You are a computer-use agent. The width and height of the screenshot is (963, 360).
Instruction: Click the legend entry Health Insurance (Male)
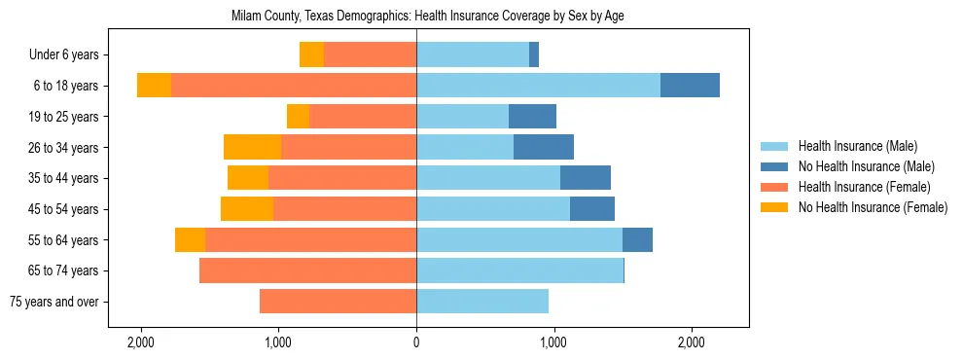tap(857, 146)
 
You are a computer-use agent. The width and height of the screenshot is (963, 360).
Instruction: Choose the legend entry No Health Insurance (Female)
tap(873, 207)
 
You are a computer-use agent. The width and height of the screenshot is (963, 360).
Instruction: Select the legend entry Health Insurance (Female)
tap(864, 187)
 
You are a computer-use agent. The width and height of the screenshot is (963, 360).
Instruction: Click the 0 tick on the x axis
tap(416, 342)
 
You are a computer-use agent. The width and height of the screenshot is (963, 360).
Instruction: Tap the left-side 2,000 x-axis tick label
tap(141, 342)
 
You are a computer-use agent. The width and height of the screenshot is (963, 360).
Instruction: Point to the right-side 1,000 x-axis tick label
tap(554, 342)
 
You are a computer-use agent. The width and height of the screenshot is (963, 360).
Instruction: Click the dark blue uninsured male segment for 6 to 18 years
tap(690, 86)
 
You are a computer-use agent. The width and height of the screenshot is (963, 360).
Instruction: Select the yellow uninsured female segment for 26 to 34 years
tap(252, 147)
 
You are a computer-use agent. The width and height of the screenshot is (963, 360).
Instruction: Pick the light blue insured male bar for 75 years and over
tap(482, 302)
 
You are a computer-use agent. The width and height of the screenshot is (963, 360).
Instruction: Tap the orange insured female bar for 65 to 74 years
tap(307, 270)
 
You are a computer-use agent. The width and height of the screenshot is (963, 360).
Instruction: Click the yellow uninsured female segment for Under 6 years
tap(311, 54)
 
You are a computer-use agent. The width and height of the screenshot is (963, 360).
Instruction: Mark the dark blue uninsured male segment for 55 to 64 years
tap(637, 239)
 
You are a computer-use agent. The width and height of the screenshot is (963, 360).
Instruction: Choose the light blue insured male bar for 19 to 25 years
tap(462, 117)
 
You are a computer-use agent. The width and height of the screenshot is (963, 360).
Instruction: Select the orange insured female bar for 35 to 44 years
tap(342, 178)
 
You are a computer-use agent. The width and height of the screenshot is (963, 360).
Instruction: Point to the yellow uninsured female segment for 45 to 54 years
tap(247, 209)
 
